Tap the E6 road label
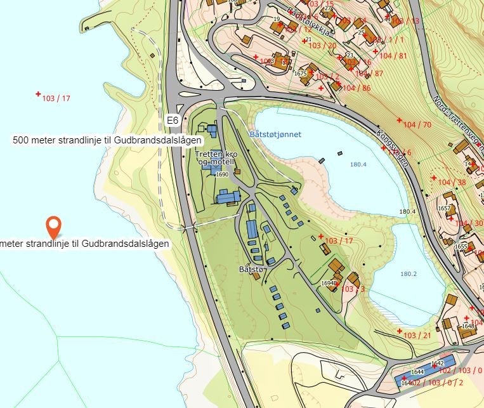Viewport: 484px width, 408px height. click(172, 119)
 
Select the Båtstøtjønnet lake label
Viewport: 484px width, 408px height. click(275, 135)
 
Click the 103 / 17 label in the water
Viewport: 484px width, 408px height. click(55, 98)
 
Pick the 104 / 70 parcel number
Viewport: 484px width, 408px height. click(418, 124)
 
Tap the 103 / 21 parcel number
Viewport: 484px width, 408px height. click(417, 335)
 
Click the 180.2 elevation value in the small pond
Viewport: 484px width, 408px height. click(409, 274)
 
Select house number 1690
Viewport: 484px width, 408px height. click(222, 174)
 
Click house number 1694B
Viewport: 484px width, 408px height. click(329, 283)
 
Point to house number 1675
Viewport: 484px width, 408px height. click(301, 74)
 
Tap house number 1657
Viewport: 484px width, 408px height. click(444, 208)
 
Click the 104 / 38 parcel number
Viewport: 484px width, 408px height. click(452, 182)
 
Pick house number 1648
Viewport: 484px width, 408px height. click(468, 326)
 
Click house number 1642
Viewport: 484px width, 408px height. click(437, 364)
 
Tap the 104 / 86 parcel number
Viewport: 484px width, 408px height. click(356, 88)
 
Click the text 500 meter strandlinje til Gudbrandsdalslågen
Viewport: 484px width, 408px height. click(107, 140)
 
